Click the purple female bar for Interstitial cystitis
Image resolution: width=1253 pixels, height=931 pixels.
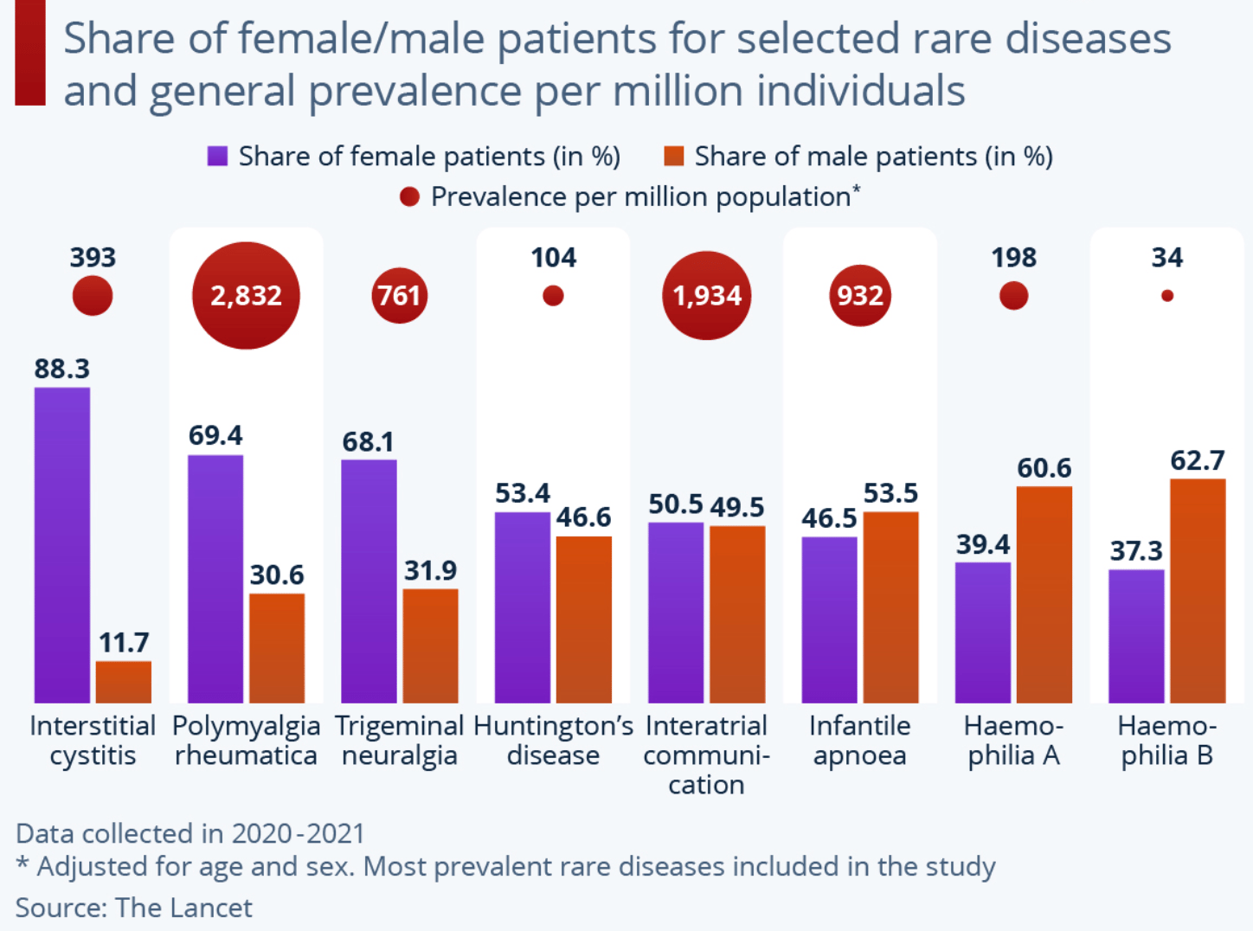pos(62,545)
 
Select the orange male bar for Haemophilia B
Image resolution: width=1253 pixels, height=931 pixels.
pos(1198,590)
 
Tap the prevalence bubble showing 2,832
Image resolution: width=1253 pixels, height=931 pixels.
pos(246,296)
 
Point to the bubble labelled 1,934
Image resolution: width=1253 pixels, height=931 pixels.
pos(707,296)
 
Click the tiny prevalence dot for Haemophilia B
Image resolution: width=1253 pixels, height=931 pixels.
pos(1167,296)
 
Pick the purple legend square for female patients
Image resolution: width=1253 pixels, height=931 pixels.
pos(217,156)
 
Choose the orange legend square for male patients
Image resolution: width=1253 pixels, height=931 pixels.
pos(673,156)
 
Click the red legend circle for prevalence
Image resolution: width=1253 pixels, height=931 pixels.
pos(409,197)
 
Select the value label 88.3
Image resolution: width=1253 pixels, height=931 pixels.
pos(62,369)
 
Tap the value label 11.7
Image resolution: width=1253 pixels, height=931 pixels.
pos(124,643)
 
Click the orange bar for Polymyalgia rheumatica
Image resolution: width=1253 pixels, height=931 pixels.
pos(277,647)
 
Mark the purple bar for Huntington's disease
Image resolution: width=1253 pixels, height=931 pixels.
pos(523,607)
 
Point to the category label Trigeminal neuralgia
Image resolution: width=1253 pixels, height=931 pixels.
pos(399,741)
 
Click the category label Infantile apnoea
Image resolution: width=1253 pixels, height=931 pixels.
pos(860,741)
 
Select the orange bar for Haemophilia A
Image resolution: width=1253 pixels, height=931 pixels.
pos(1044,594)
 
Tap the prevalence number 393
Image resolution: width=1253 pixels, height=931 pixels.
pos(93,258)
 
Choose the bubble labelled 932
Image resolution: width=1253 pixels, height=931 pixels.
pos(860,296)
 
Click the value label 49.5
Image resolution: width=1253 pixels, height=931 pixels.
pos(737,507)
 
